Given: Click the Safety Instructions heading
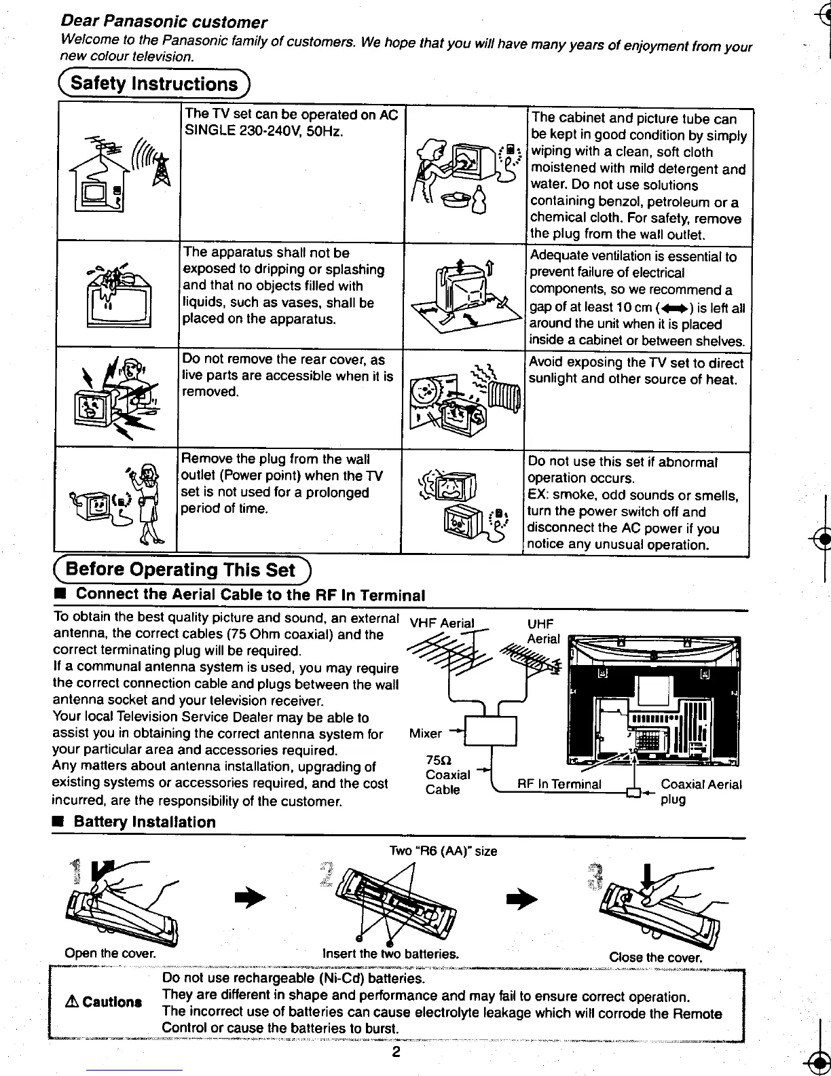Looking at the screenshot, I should pos(154,84).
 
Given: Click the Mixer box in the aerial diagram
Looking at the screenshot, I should pos(490,731).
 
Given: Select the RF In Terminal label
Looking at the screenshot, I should pos(559,784).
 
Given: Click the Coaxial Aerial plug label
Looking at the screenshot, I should pos(701,791).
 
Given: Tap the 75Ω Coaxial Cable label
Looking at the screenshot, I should pos(447,774).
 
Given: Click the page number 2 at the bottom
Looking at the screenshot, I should pos(396,1052).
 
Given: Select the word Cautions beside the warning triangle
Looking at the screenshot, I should pos(112,1002).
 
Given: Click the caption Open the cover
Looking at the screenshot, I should pos(110,953).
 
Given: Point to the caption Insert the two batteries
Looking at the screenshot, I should pos(390,953).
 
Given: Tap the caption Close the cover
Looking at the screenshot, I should pos(654,957).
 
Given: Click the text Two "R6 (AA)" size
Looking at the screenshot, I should pos(443,850).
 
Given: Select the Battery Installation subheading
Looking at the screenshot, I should pos(144,822).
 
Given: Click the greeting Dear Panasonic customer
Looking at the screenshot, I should pos(164,22).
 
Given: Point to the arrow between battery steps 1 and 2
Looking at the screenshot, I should pos(248,898).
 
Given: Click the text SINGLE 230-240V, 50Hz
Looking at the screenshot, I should pos(263,131).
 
